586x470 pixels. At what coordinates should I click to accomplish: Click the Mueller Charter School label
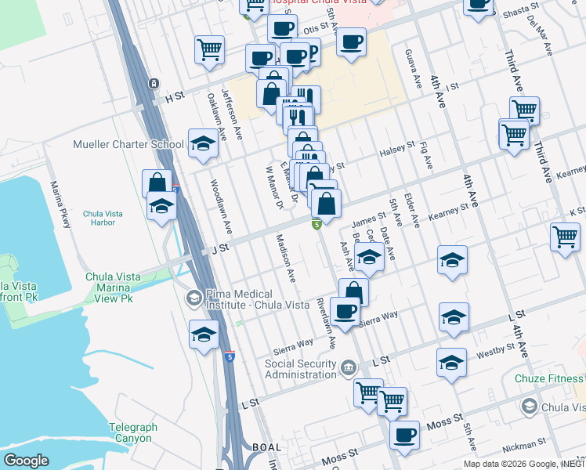[x=128, y=144]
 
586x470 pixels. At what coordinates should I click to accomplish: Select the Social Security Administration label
[x=304, y=368]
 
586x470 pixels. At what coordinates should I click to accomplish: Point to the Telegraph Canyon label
[x=132, y=432]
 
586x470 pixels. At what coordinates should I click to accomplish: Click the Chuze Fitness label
[x=549, y=379]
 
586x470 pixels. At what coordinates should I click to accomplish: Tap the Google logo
[x=26, y=460]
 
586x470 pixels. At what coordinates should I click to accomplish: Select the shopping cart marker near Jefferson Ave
[x=210, y=50]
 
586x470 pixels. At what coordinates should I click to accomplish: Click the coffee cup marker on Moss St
[x=404, y=435]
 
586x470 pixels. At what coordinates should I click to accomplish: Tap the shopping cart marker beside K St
[x=565, y=235]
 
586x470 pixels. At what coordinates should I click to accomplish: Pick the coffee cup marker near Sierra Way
[x=345, y=311]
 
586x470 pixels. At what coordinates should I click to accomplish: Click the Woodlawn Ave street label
[x=222, y=208]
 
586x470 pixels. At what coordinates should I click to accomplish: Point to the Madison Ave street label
[x=285, y=258]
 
